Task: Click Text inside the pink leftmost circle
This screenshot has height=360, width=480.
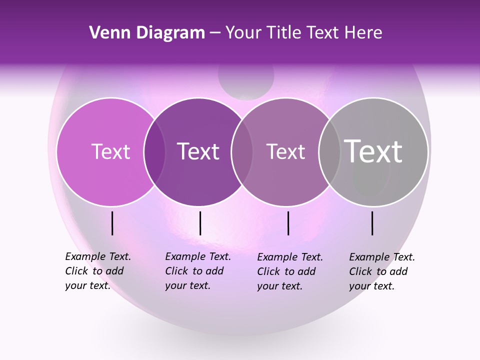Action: [110, 151]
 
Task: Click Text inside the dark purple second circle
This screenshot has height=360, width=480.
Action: [198, 151]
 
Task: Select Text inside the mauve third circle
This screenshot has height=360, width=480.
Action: [285, 151]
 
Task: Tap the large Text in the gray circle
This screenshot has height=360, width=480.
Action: [373, 151]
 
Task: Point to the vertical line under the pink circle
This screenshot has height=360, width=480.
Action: [112, 223]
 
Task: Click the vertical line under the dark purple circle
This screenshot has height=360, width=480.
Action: [200, 223]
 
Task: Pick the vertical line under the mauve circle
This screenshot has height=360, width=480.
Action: [288, 223]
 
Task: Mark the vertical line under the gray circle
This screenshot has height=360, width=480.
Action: [372, 223]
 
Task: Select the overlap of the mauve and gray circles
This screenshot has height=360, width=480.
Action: [329, 152]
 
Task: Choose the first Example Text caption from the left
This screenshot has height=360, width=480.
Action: [98, 271]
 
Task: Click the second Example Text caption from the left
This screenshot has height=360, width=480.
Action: [198, 271]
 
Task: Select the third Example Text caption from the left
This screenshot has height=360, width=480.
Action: [290, 271]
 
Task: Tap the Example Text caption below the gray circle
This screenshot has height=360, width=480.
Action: [382, 271]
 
